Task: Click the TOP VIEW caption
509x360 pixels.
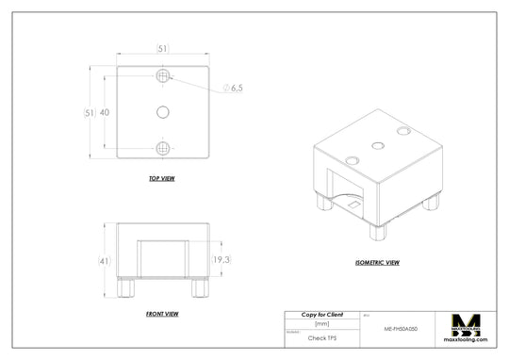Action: coord(161,178)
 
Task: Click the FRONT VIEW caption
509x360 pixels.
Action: coord(162,313)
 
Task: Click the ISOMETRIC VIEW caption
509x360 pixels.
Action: coord(377,262)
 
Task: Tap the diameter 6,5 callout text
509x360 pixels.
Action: coord(234,88)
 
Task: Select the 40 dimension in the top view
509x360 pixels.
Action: coord(104,112)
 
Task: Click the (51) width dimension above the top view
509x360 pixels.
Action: coord(162,49)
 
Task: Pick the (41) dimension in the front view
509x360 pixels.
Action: coord(104,260)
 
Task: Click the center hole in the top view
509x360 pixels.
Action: coord(162,112)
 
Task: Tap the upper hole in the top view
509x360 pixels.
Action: coord(163,74)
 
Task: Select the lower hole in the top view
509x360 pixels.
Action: coord(163,149)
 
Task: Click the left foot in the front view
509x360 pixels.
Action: coord(124,286)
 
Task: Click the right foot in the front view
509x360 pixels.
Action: coord(199,286)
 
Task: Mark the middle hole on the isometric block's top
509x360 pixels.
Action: coord(378,145)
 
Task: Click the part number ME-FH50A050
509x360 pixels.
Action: coord(402,330)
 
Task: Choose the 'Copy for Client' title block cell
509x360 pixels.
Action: coord(321,314)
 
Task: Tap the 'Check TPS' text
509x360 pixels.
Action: coord(321,336)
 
